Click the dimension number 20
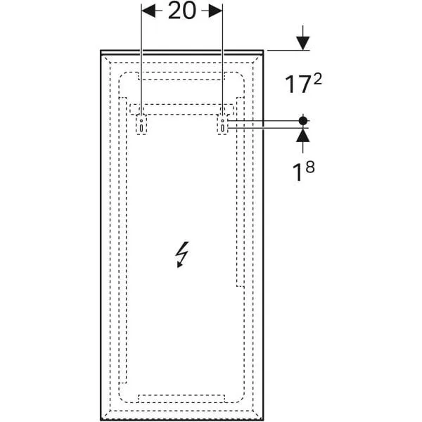(x=181, y=12)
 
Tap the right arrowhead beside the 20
(x=216, y=11)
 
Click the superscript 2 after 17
(x=318, y=79)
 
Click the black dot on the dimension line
(x=303, y=121)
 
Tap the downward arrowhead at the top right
(x=303, y=42)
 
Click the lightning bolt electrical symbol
(x=181, y=255)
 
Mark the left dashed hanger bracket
(x=141, y=124)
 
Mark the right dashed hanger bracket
(x=223, y=124)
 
